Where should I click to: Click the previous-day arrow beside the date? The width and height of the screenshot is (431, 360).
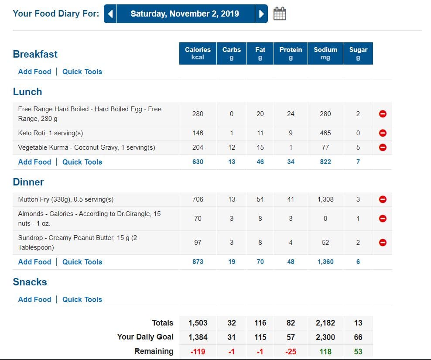[110, 14]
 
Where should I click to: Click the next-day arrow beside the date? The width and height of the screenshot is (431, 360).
[261, 14]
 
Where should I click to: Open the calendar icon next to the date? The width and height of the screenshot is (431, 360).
[280, 14]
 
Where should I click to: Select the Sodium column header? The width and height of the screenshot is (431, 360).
[325, 53]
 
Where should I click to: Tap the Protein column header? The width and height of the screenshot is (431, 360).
[291, 53]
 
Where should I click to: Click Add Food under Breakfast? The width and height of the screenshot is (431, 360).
[34, 72]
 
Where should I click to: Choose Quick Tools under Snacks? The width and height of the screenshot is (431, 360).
[82, 299]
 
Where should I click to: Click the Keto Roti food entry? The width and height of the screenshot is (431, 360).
[50, 133]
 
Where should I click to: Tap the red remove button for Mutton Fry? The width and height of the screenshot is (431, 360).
[383, 199]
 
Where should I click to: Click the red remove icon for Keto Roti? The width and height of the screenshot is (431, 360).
[383, 133]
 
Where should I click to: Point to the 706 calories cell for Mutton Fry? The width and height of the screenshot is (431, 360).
[198, 199]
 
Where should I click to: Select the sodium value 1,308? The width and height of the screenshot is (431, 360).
[325, 199]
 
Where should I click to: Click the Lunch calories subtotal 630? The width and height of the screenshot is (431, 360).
[198, 162]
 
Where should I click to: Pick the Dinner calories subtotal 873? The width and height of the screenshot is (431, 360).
[198, 262]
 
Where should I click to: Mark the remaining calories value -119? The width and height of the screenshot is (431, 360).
[198, 351]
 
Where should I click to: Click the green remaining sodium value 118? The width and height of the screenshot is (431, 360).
[325, 351]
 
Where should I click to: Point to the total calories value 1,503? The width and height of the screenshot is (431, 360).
[198, 323]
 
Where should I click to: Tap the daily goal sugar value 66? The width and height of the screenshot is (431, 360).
[358, 337]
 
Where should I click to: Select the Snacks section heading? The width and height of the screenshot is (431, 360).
[30, 282]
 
